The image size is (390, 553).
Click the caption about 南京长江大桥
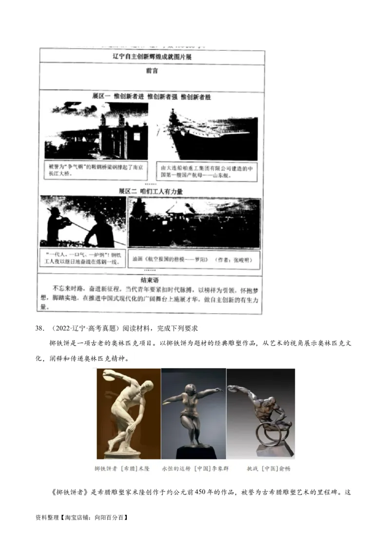[96, 170]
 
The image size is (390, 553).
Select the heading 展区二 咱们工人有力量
[151, 191]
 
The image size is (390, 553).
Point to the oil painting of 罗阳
[194, 222]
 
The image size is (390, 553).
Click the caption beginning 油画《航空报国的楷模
[194, 259]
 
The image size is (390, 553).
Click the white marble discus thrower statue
[128, 413]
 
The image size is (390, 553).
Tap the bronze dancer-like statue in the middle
[194, 413]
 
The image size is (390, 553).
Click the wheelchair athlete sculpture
[260, 413]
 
